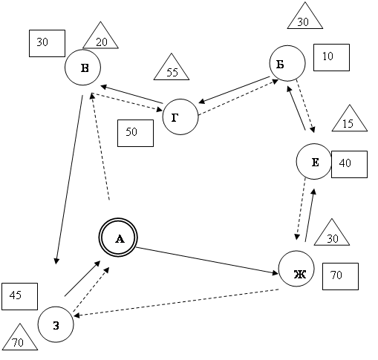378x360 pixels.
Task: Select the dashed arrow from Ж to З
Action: tap(176, 303)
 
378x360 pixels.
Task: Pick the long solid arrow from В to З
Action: tap(70, 180)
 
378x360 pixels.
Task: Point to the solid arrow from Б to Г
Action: tap(234, 90)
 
